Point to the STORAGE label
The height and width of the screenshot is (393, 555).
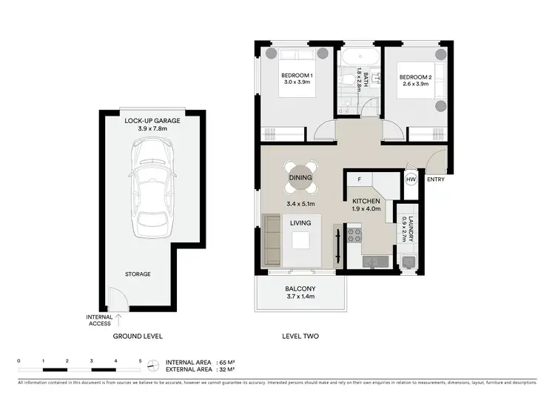click(137, 274)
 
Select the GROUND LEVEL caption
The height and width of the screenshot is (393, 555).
click(137, 336)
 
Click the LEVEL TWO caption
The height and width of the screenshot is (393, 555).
click(300, 336)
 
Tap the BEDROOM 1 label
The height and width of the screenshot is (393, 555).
click(297, 76)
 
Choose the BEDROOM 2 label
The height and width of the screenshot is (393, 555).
click(415, 76)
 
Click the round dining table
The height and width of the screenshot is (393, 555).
click(300, 178)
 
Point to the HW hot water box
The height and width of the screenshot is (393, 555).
click(411, 179)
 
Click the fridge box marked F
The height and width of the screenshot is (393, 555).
click(359, 179)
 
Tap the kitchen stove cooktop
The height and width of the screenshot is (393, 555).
click(354, 235)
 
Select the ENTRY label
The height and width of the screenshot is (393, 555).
click(437, 179)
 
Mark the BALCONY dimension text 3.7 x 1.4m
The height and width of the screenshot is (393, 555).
click(300, 297)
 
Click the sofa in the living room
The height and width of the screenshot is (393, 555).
click(271, 240)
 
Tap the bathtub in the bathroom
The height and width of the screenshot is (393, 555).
click(358, 56)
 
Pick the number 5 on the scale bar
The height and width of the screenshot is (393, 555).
click(140, 360)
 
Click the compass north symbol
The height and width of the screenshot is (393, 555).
click(153, 366)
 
